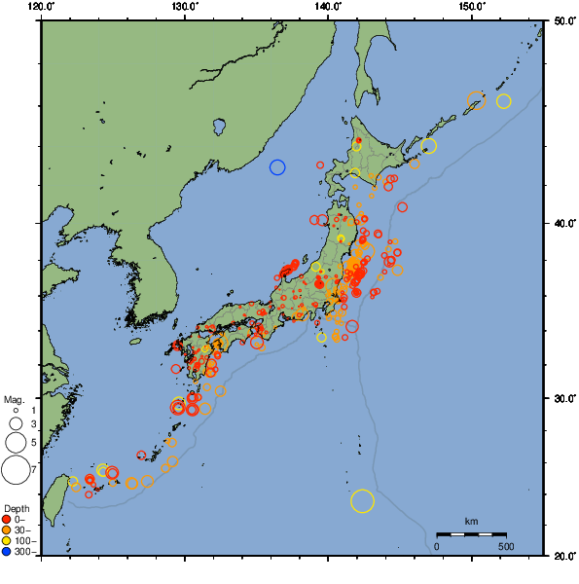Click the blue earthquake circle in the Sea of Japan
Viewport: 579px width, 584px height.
pos(277,167)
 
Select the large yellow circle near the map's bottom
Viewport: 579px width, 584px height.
pos(362,501)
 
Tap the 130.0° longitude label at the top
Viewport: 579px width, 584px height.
pos(185,6)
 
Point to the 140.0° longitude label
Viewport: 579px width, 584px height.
pos(328,6)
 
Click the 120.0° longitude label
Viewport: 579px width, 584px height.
pos(42,6)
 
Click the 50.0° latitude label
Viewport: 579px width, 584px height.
pos(563,20)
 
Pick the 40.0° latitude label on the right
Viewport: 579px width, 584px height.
pos(563,224)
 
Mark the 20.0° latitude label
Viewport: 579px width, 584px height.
pos(563,556)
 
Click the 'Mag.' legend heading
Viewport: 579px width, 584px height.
pos(13,399)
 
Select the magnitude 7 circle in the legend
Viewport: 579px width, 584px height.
pos(15,470)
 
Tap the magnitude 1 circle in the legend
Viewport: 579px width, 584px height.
pos(16,411)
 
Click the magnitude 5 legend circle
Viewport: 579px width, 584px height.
pos(16,443)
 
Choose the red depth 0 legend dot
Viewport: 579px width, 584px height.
pos(7,519)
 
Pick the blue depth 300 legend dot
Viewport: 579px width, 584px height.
pos(7,552)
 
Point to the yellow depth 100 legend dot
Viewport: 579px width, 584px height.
pos(7,541)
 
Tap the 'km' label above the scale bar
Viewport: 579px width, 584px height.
pos(471,522)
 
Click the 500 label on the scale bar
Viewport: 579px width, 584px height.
pos(506,546)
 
